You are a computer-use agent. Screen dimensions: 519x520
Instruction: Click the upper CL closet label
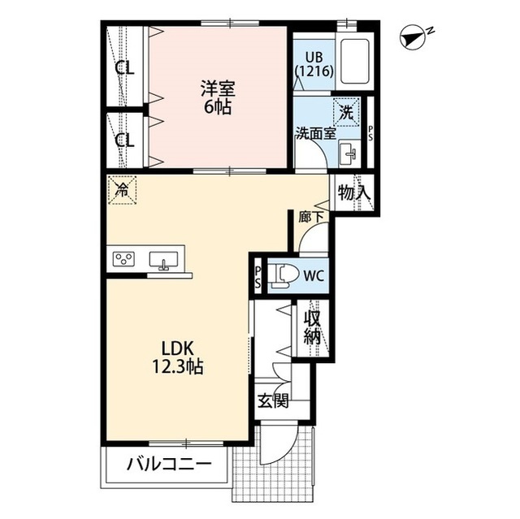124,68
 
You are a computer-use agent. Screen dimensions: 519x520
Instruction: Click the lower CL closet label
124,140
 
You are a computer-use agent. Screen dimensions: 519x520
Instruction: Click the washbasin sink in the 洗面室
350,152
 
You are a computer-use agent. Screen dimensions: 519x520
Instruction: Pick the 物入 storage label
354,193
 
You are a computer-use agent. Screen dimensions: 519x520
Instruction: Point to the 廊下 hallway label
310,217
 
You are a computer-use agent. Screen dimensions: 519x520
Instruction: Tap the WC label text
314,275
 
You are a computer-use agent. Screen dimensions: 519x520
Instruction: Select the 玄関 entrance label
273,402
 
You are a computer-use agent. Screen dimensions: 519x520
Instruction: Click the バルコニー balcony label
169,465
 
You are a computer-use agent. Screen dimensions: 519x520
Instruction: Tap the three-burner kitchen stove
124,260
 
